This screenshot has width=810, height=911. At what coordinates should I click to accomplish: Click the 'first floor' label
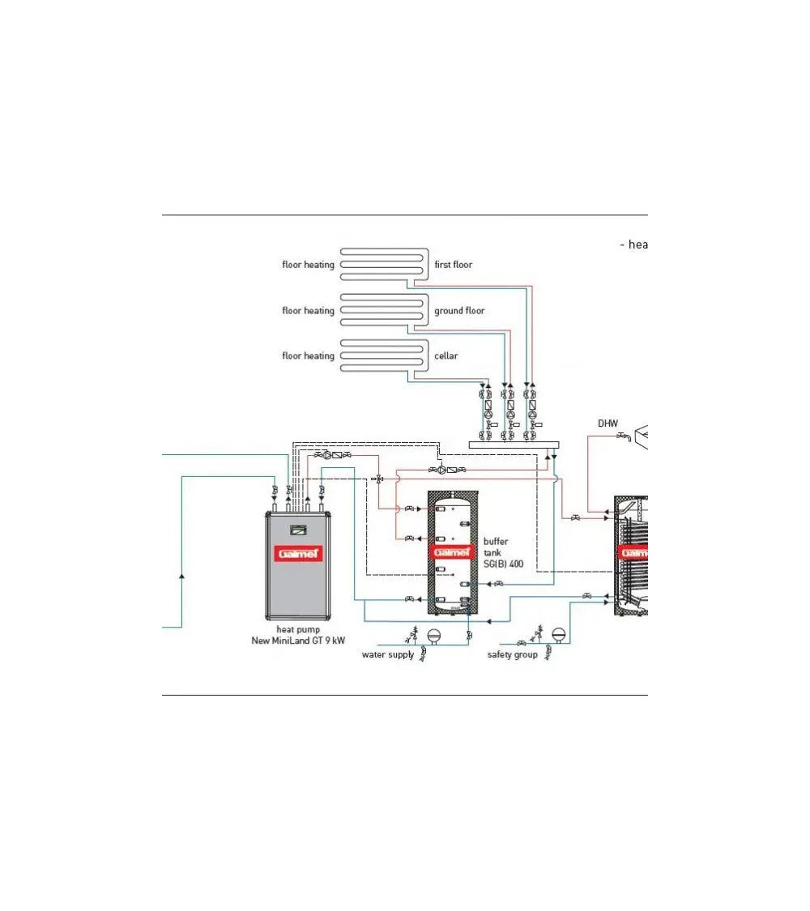pyautogui.click(x=453, y=265)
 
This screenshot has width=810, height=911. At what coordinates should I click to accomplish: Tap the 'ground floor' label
pyautogui.click(x=459, y=310)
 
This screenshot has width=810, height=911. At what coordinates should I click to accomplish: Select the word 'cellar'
pyautogui.click(x=446, y=355)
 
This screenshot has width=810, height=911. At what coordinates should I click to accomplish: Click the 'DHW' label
pyautogui.click(x=607, y=424)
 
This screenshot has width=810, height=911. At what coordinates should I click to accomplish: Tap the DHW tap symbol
pyautogui.click(x=623, y=437)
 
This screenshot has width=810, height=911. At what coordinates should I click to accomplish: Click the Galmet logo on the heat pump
pyautogui.click(x=298, y=554)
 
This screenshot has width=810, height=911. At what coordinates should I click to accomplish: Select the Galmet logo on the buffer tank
pyautogui.click(x=452, y=552)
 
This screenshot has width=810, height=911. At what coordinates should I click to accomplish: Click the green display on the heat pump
pyautogui.click(x=298, y=532)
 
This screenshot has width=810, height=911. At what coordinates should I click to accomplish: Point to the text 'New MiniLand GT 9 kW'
pyautogui.click(x=298, y=641)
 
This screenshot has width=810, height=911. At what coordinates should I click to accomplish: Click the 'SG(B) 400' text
pyautogui.click(x=503, y=564)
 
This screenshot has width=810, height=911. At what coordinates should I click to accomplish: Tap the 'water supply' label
pyautogui.click(x=388, y=654)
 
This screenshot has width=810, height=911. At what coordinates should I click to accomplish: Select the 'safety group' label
pyautogui.click(x=512, y=654)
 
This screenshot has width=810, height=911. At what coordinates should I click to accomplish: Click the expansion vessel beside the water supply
pyautogui.click(x=433, y=635)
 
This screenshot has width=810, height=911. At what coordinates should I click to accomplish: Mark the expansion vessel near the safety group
pyautogui.click(x=557, y=634)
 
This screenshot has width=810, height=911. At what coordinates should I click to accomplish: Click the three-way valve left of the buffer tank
pyautogui.click(x=378, y=479)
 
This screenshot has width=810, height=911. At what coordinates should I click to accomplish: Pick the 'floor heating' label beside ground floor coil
pyautogui.click(x=308, y=310)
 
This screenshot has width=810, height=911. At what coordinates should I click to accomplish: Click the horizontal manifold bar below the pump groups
pyautogui.click(x=515, y=444)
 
